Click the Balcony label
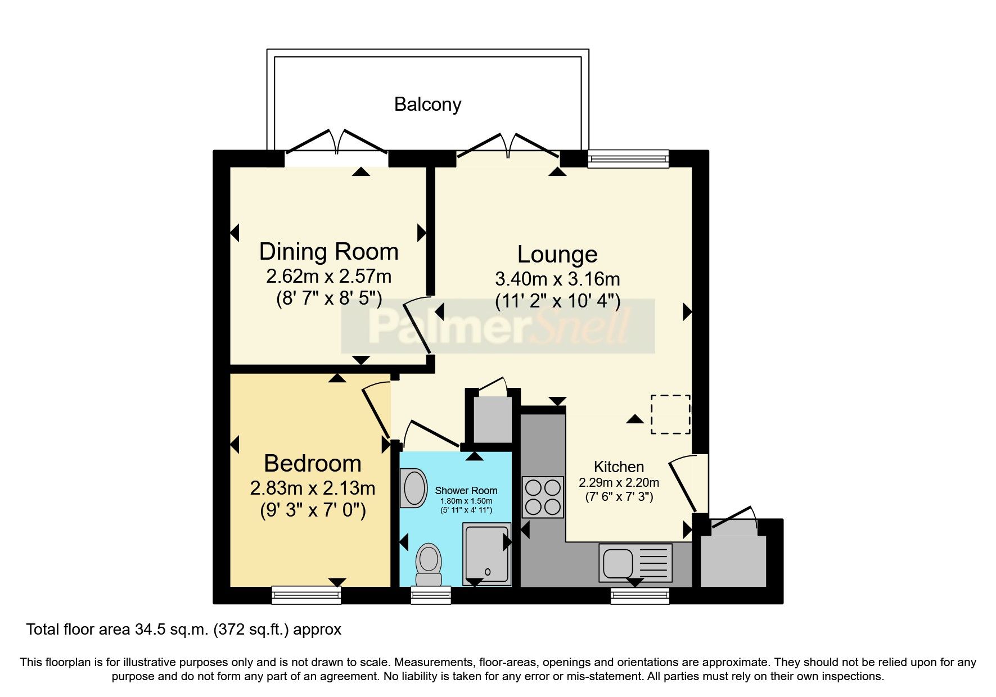[427, 105]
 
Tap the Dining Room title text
[328, 251]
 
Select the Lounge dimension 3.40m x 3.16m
[557, 279]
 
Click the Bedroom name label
[313, 464]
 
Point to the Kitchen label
[619, 467]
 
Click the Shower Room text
[466, 491]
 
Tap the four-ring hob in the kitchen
[543, 497]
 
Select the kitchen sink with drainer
[636, 563]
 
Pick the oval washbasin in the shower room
[413, 488]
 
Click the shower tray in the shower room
[487, 555]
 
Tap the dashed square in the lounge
[671, 414]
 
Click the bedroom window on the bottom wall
[307, 595]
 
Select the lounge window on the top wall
[628, 159]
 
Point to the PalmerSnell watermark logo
[498, 326]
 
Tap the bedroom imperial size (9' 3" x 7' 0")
[313, 510]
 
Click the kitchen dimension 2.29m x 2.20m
[619, 482]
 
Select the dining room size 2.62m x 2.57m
[328, 276]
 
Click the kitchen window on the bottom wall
[640, 596]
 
